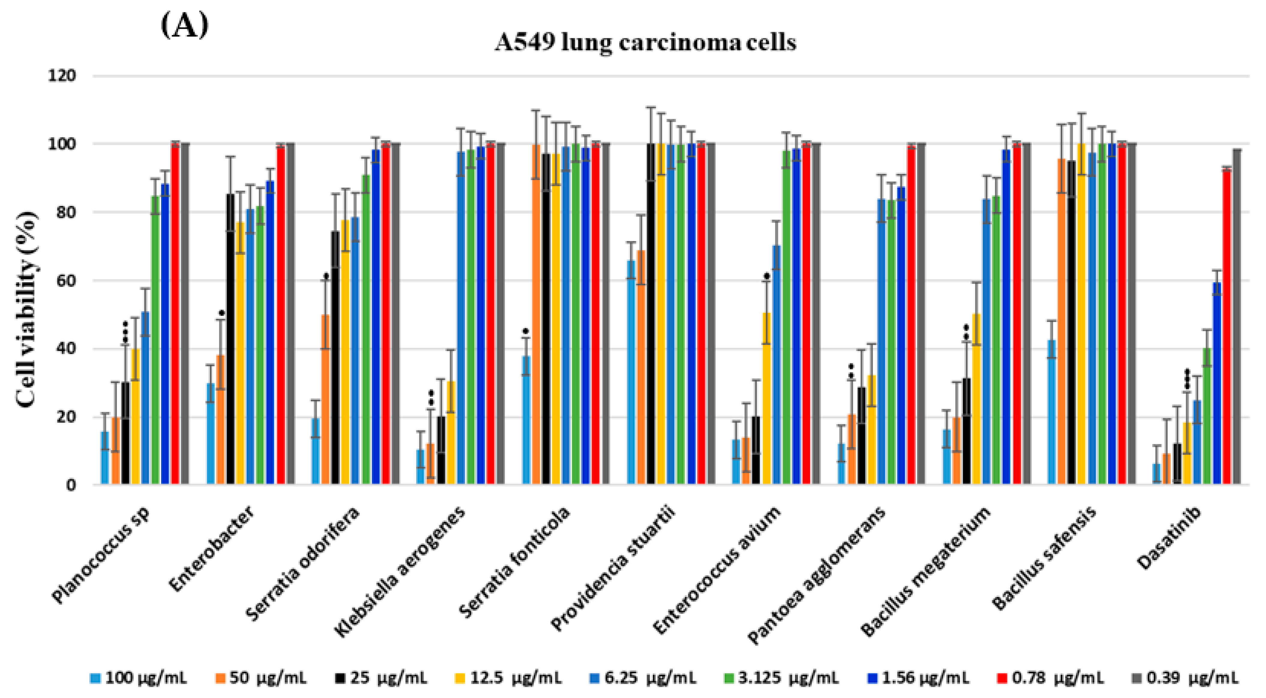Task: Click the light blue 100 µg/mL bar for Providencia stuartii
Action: click(630, 372)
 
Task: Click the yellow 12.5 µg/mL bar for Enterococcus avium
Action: click(766, 398)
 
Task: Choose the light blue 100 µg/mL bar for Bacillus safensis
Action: click(1052, 412)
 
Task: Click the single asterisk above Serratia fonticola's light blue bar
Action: click(525, 331)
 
